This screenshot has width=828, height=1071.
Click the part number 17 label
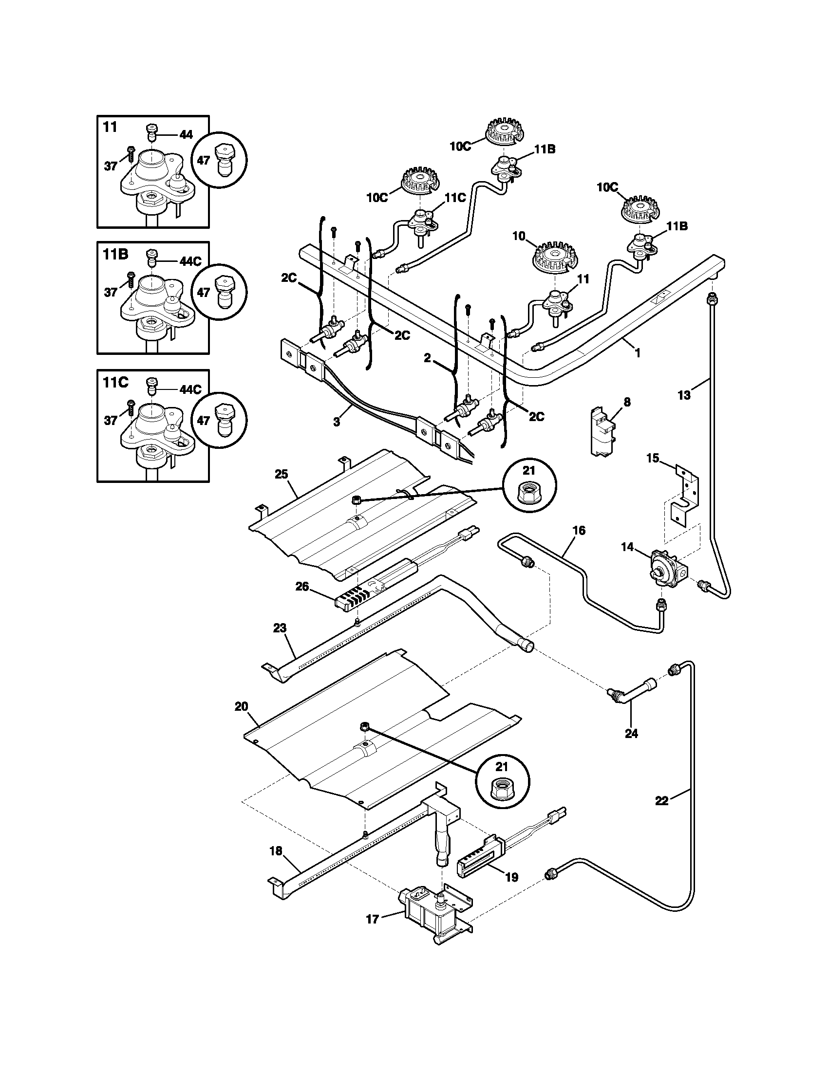(372, 919)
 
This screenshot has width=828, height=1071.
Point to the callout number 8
(627, 402)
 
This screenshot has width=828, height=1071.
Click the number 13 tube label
(684, 395)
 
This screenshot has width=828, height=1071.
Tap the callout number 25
(282, 474)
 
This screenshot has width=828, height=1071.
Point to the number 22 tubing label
(662, 801)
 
